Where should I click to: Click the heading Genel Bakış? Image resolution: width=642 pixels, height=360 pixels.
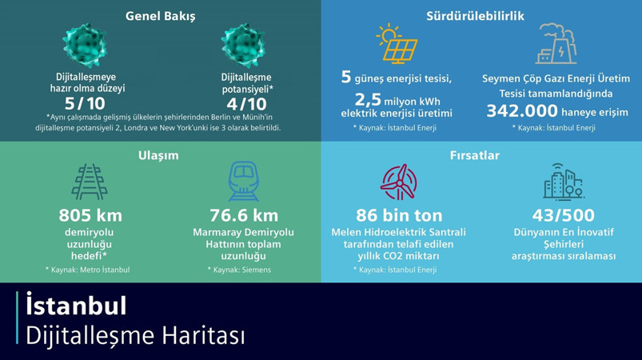[x=160, y=16]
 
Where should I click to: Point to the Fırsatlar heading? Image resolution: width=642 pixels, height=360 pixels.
[x=475, y=155]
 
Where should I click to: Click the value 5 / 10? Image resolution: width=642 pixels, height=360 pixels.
[x=85, y=104]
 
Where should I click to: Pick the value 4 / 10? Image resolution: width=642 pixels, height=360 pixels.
[x=246, y=104]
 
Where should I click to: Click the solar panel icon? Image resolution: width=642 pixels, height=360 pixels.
[x=397, y=44]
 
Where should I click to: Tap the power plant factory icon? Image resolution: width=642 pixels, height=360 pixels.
[x=556, y=44]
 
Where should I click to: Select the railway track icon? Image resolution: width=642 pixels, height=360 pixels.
[x=89, y=183]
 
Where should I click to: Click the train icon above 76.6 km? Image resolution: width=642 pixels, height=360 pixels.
[x=243, y=182]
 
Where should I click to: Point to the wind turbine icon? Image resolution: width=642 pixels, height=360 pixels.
[x=397, y=183]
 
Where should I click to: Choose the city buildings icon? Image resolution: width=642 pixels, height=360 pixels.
[x=563, y=182]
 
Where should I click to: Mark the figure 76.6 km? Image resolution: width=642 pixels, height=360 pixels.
[x=244, y=215]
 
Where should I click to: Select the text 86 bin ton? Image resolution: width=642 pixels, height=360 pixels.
[x=398, y=215]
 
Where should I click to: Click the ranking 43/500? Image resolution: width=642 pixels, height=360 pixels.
[x=563, y=215]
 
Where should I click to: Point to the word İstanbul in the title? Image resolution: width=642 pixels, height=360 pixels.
[x=76, y=306]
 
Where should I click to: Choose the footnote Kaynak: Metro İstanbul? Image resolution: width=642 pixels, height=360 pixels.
[x=90, y=270]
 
